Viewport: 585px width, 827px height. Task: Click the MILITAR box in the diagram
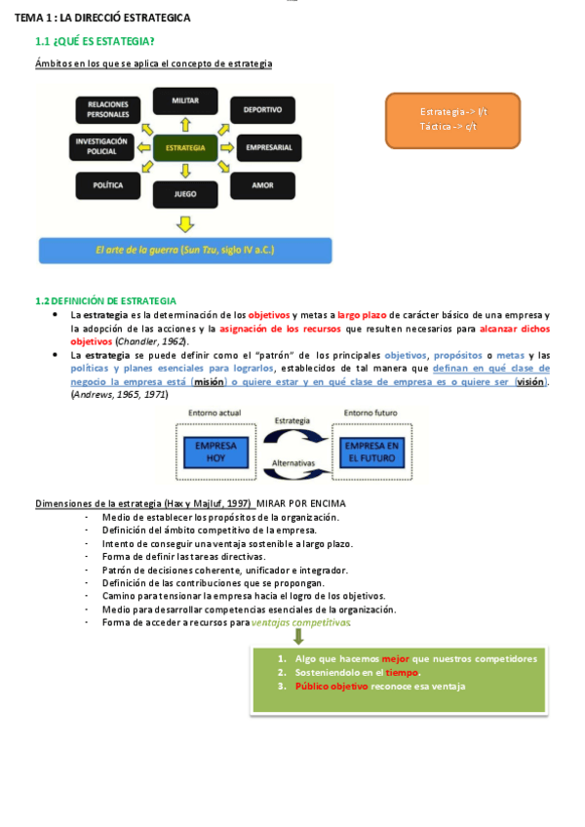pos(185,101)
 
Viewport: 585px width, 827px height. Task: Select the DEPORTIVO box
pos(262,110)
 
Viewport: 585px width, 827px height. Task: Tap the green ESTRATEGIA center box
pos(185,148)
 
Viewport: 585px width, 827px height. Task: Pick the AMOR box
pos(262,184)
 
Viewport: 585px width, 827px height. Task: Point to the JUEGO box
pos(185,194)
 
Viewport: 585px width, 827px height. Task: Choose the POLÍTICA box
pos(107,184)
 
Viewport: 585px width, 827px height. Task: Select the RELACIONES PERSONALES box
pos(107,108)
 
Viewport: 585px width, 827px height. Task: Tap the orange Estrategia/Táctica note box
pos(453,120)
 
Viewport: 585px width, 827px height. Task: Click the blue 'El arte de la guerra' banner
pos(185,251)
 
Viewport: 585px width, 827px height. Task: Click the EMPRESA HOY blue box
pos(215,453)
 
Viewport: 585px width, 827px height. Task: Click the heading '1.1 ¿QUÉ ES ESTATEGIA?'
pos(95,41)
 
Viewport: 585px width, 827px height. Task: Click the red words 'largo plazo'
pos(363,315)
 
